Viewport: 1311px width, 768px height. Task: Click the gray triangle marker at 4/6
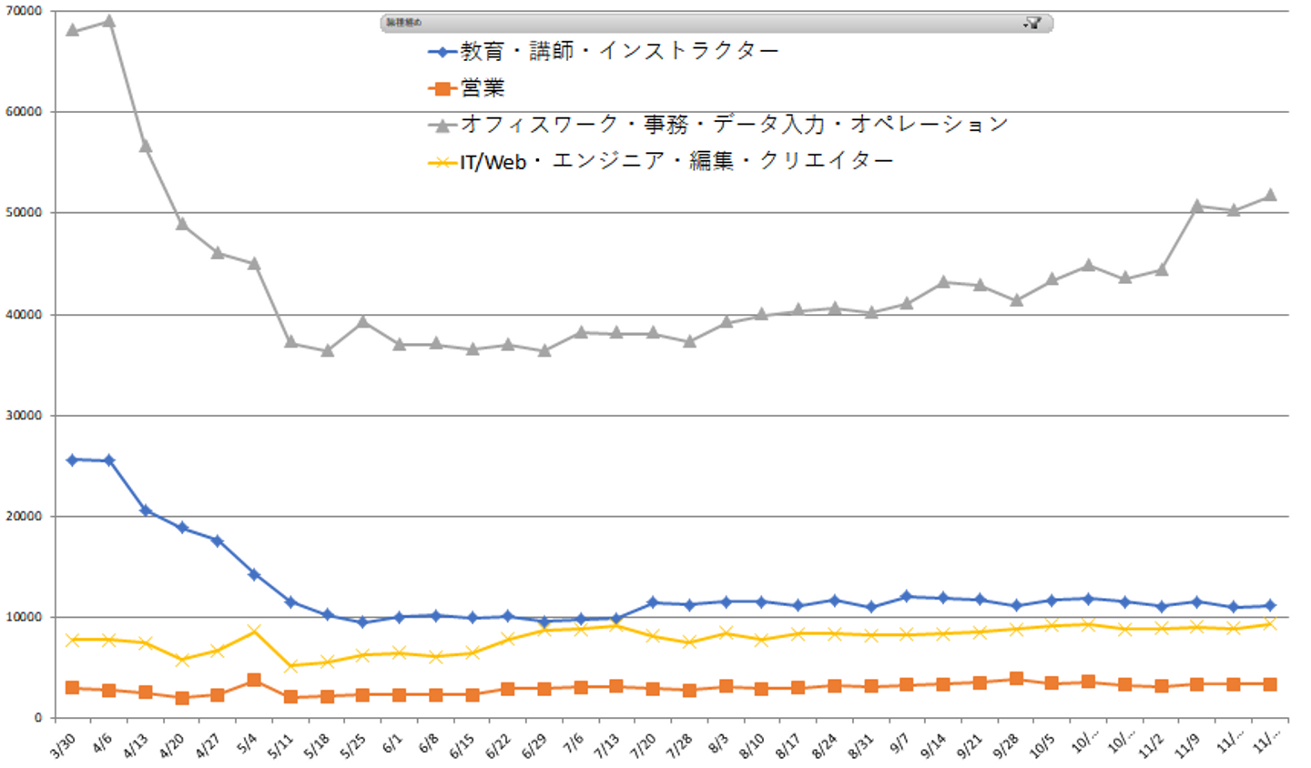point(109,20)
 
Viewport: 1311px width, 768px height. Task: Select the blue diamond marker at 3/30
point(73,460)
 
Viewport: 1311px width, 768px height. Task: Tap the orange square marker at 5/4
point(254,681)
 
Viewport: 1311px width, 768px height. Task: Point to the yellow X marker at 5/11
point(290,666)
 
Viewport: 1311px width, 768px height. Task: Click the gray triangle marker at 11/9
point(1198,206)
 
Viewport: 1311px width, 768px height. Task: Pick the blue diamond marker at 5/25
point(362,622)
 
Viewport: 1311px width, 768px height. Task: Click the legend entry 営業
point(483,88)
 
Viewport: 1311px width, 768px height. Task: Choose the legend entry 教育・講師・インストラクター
point(619,52)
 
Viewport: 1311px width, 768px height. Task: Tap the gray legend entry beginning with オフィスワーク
point(734,125)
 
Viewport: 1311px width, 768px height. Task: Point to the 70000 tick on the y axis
point(25,11)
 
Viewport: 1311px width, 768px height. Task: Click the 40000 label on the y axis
point(25,315)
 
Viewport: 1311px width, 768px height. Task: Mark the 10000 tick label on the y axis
point(25,617)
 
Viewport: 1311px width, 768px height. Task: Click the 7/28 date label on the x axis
point(679,746)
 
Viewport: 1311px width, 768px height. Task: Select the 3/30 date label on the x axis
point(62,746)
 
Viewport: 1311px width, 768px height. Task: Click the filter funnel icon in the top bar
point(1033,23)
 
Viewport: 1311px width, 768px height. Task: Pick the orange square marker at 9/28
point(1016,679)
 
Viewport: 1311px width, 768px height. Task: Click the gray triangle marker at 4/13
point(146,146)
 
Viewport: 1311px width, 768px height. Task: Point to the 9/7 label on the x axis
point(899,744)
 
